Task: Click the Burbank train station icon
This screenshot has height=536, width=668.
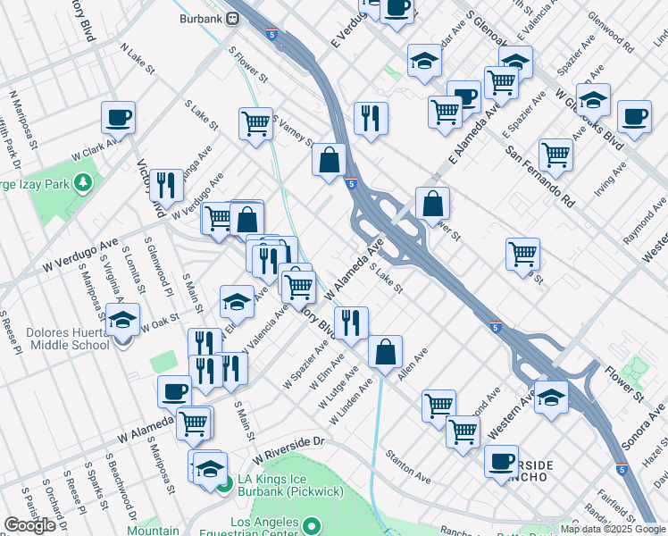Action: (x=232, y=18)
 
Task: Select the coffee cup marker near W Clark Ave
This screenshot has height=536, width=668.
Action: (x=118, y=116)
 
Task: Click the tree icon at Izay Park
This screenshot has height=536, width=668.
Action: (x=83, y=183)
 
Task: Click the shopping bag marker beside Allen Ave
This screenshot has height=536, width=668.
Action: (x=385, y=352)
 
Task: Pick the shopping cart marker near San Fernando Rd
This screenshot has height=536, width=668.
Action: (x=555, y=154)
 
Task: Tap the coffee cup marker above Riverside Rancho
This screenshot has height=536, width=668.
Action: (x=501, y=461)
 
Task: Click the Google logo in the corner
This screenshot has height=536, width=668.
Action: (x=29, y=525)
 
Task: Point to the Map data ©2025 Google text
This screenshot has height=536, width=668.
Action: (x=613, y=529)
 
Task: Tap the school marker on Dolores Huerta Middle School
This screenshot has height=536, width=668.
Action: (x=122, y=319)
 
